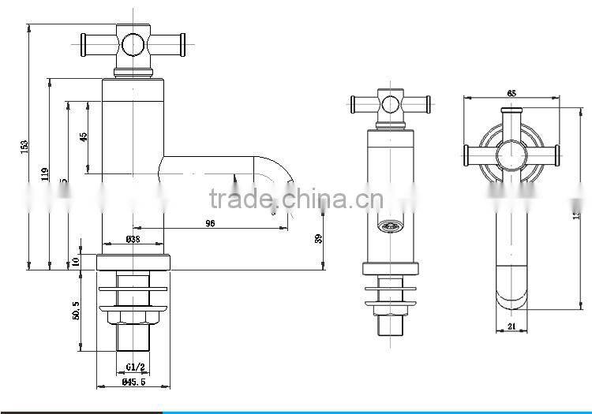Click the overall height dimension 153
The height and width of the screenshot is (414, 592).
24,147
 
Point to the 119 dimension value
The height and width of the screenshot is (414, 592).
45,173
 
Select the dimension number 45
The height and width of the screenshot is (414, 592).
84,136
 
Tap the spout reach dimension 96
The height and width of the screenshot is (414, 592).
210,224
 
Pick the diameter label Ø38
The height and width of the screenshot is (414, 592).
133,238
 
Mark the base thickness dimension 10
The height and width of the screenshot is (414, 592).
76,261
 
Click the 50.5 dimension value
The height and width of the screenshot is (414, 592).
76,311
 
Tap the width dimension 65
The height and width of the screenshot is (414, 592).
511,94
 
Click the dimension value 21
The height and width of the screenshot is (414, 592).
511,327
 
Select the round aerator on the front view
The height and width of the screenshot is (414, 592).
387,228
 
